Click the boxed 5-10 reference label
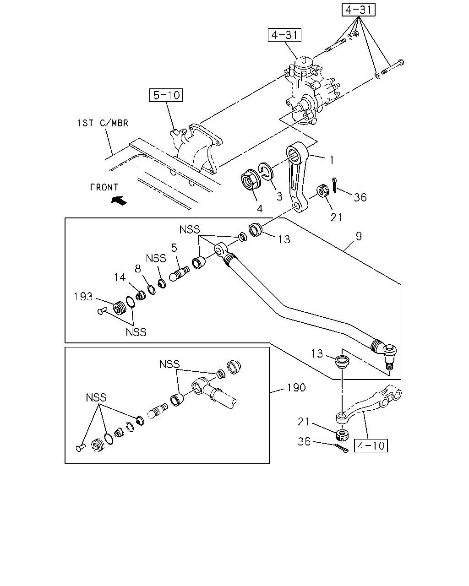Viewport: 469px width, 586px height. pos(166,95)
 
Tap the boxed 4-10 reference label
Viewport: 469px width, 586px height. pos(371,446)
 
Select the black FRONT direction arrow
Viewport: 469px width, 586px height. pos(119,201)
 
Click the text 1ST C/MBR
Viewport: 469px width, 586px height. pos(103,123)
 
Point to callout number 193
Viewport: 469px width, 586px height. pos(83,296)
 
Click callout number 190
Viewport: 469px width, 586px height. pos(296,387)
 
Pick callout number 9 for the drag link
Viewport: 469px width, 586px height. pos(359,236)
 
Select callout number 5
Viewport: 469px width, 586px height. pos(174,248)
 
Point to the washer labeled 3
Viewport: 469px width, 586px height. pos(266,171)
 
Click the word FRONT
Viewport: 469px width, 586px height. pos(104,187)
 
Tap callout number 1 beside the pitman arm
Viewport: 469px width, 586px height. pos(332,160)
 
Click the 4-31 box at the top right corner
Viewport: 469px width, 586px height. pos(358,10)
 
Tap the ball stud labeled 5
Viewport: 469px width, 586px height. pos(179,273)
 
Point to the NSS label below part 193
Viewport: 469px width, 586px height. pos(136,332)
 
